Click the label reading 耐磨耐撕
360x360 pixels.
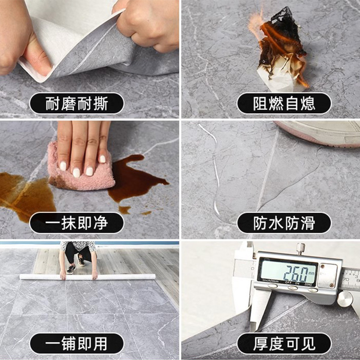(x=76, y=103)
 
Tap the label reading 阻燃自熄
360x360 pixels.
(x=284, y=103)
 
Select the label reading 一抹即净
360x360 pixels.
(x=76, y=223)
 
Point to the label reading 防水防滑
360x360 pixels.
(x=284, y=223)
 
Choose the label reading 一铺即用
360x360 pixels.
(x=76, y=344)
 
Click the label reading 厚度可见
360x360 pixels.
(x=284, y=344)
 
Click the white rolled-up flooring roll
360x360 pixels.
(x=87, y=277)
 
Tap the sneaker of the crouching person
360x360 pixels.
(x=71, y=269)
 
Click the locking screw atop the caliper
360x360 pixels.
(x=300, y=248)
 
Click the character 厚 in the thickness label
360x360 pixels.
(x=261, y=344)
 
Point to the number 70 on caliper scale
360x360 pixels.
(x=346, y=279)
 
